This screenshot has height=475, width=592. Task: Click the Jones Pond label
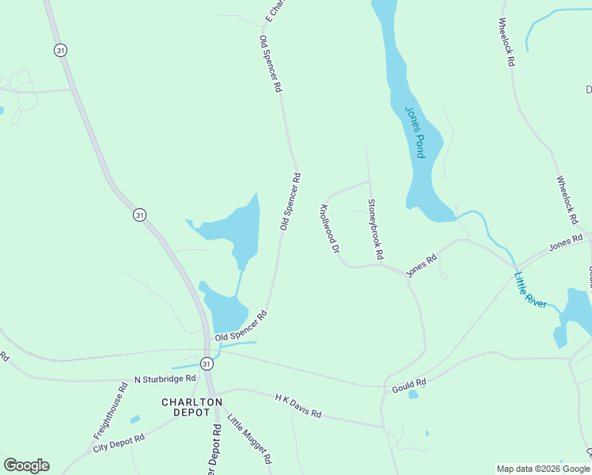415,132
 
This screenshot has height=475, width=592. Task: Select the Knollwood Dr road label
328,230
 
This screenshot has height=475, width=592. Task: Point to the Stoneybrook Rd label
375,230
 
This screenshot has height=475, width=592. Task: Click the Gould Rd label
409,384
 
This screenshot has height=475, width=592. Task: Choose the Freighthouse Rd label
111,412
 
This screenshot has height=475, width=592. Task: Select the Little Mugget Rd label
249,440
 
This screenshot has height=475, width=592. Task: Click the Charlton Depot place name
192,408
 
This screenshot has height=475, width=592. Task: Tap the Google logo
26,465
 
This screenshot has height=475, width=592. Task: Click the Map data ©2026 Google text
543,469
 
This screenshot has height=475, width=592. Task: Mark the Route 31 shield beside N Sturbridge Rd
207,363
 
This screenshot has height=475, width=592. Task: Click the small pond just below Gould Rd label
413,394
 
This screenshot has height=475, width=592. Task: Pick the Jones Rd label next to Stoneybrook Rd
421,265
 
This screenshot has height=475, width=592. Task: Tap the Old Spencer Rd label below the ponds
241,326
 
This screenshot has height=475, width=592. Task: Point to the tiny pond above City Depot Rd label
135,419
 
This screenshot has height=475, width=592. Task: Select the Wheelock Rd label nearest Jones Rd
567,199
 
